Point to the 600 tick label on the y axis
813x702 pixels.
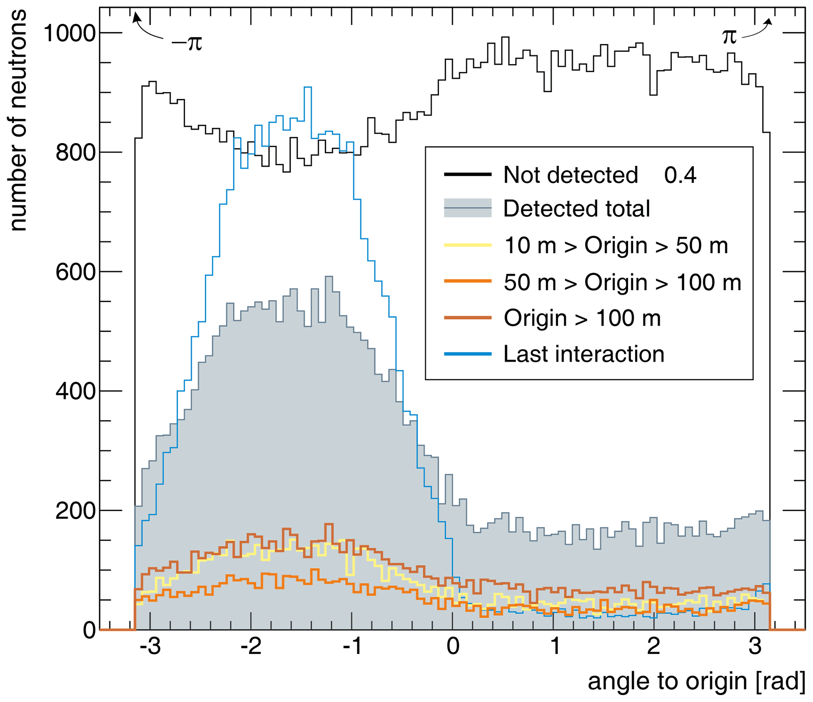[76, 272]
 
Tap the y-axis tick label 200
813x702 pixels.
[76, 511]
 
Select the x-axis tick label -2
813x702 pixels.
[251, 646]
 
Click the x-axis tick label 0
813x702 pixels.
[453, 646]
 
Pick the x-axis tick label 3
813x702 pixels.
[755, 646]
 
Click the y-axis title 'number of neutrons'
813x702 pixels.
[18, 120]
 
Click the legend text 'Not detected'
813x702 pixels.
[570, 175]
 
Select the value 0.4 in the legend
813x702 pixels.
[680, 175]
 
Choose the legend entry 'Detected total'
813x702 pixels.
[576, 208]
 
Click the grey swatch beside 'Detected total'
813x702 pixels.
[468, 208]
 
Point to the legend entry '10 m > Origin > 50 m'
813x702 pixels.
[616, 245]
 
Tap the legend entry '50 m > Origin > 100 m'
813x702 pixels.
[622, 282]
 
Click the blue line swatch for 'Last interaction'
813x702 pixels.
[468, 354]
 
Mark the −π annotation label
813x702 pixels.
[186, 42]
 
